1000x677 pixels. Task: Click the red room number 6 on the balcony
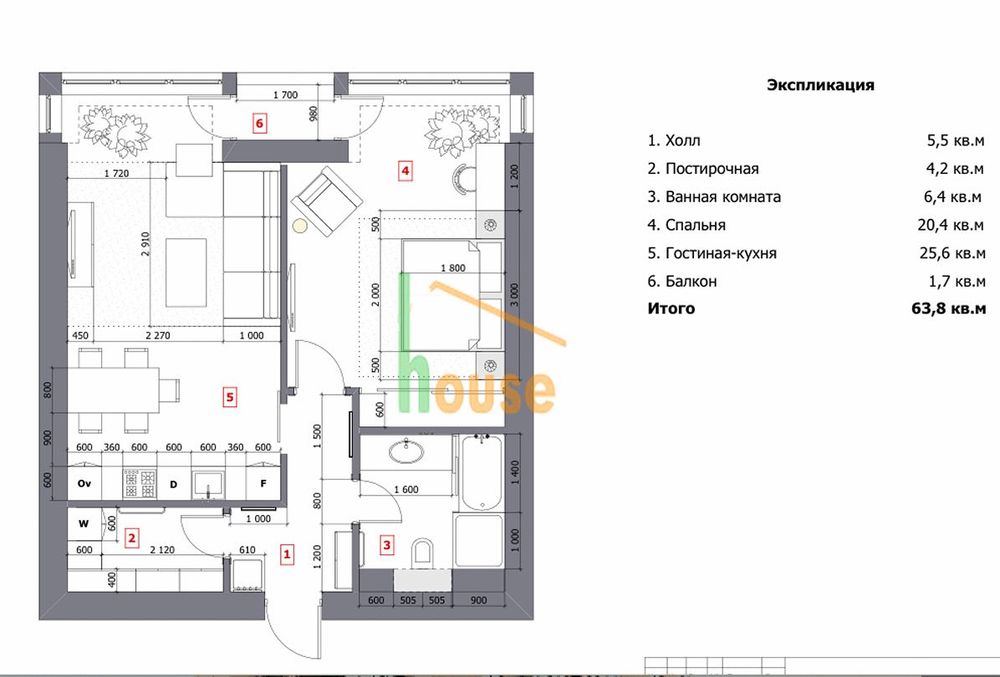259,123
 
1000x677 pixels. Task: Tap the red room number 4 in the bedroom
404,171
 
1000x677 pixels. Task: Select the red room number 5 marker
230,398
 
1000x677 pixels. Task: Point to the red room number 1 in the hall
287,555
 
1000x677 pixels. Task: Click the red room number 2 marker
131,538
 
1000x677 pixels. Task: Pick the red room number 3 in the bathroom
386,545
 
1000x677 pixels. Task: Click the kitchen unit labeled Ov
85,484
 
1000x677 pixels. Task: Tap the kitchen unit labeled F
263,484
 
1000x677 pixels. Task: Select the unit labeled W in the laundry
84,524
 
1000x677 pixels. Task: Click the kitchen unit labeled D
173,484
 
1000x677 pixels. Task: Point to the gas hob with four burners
139,484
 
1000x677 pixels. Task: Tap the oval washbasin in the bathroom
406,452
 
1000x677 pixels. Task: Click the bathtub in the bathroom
482,472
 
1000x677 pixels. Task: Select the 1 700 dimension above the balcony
285,95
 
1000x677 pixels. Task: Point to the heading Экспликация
820,85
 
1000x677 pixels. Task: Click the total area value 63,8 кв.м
948,309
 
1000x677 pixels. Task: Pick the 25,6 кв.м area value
952,253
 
